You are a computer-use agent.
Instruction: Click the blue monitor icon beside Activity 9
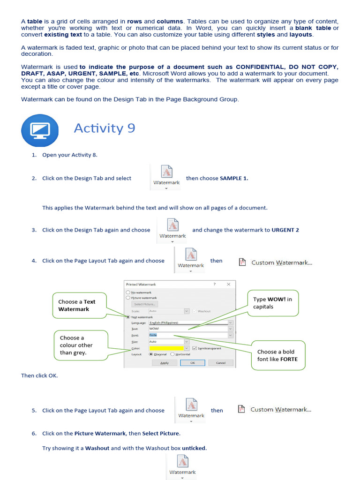click(40, 130)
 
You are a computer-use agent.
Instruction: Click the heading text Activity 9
click(105, 128)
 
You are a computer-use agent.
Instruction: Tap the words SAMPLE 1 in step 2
click(234, 178)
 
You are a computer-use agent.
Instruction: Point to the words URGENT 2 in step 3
click(285, 230)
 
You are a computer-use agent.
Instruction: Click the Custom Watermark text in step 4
click(281, 262)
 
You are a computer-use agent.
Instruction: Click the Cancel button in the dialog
click(220, 363)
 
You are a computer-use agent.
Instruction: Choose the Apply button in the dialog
click(165, 363)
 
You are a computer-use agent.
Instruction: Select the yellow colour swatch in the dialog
click(166, 348)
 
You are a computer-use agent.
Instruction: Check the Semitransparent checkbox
click(195, 348)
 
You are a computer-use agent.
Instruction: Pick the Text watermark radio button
click(127, 317)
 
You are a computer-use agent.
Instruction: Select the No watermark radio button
click(127, 292)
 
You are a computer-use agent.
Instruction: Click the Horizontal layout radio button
click(172, 354)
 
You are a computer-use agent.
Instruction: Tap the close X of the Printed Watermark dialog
click(228, 284)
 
